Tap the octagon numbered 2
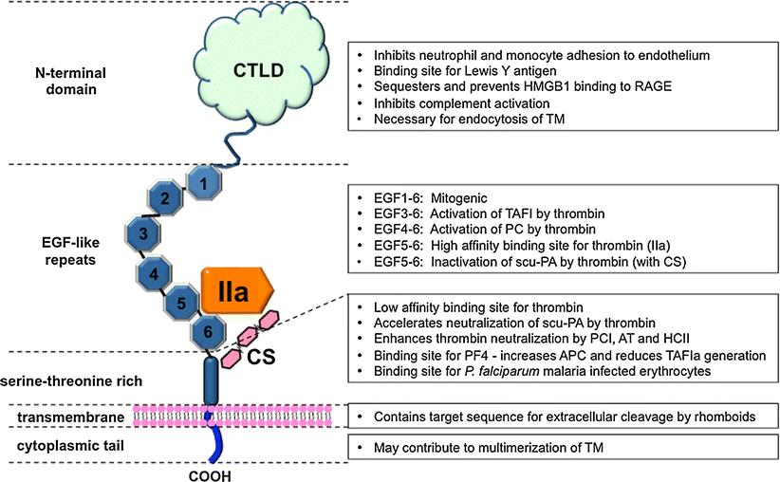164,198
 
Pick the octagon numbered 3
142,233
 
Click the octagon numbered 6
208,333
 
